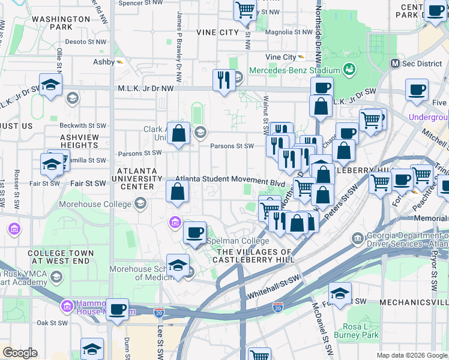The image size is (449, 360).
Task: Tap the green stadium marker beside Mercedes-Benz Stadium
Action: pos(349,70)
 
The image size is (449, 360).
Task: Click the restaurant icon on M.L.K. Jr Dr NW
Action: pos(224,80)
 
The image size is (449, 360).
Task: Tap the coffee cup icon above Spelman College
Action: pos(194,233)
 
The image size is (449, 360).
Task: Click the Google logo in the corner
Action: pos(20,353)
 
